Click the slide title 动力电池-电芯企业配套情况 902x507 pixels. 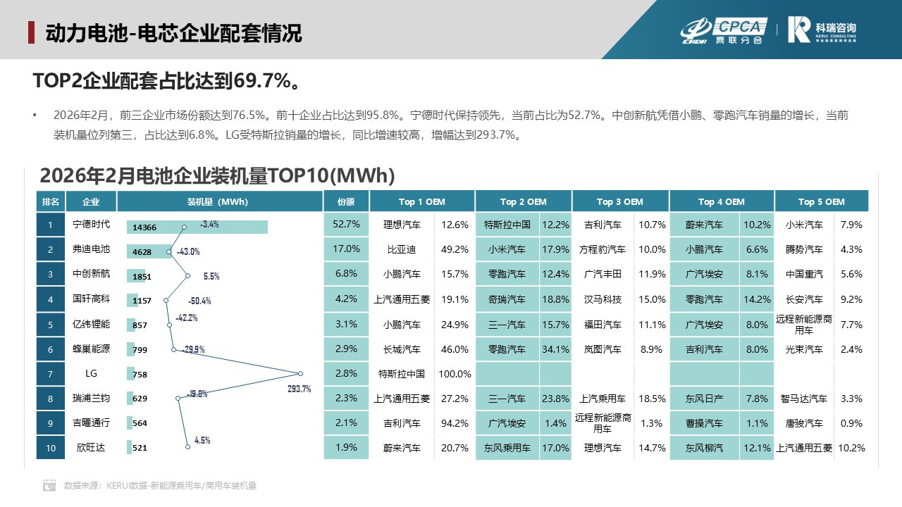pos(173,33)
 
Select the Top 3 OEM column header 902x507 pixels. pos(620,201)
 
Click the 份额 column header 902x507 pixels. pos(345,201)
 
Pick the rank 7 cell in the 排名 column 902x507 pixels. pos(50,374)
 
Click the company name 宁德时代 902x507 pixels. pos(91,225)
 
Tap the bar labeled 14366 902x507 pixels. pos(197,227)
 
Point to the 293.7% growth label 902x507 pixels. pos(299,389)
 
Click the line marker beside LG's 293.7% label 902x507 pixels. pos(300,374)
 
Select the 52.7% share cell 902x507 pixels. pos(346,225)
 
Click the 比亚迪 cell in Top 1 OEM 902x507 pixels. pos(402,249)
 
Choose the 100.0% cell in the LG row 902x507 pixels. pos(454,374)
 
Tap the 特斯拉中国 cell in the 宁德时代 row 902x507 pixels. pos(507,225)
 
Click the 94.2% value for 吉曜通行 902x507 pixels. pos(454,423)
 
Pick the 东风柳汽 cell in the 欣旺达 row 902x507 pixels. pos(704,448)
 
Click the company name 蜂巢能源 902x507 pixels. pos(91,349)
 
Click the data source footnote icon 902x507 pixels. pos(49,485)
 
